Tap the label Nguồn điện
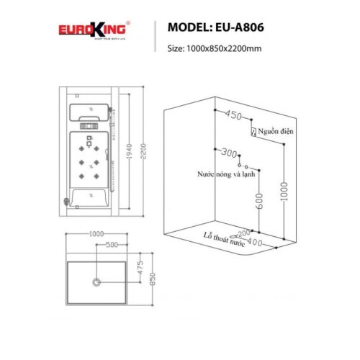coord(277,132)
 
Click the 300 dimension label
coord(228,154)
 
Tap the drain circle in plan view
coord(96,281)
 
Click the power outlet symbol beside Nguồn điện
coord(253,132)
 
